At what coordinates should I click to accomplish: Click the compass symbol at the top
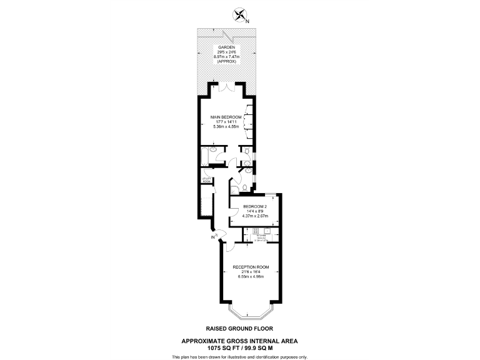[239, 14]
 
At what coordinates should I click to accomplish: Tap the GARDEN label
[226, 47]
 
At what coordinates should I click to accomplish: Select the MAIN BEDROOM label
[226, 117]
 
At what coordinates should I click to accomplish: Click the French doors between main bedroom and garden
[226, 88]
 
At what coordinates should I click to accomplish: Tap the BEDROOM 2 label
[255, 207]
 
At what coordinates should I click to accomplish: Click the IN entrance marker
[213, 237]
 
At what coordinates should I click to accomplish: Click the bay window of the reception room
[250, 311]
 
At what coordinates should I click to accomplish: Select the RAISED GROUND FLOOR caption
[239, 328]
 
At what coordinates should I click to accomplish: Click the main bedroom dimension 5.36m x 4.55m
[226, 127]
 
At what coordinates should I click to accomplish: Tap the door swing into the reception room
[229, 246]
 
